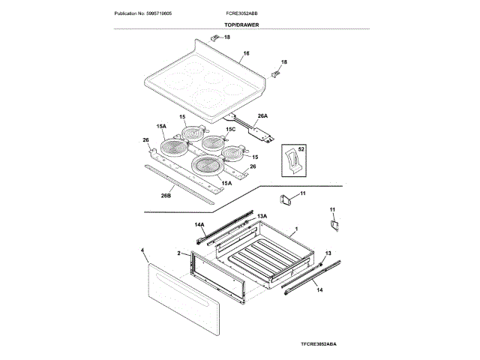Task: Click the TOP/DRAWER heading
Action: click(x=239, y=25)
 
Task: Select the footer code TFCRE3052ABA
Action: click(x=319, y=343)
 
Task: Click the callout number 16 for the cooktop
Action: click(x=246, y=55)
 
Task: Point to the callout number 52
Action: click(x=301, y=149)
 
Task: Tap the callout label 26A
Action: click(x=262, y=116)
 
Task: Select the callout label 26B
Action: click(x=166, y=196)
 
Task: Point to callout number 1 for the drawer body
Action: click(x=296, y=228)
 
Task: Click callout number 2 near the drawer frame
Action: click(x=179, y=254)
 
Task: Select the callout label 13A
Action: click(x=262, y=215)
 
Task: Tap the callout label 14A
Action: click(x=199, y=224)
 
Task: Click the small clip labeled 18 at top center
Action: click(x=214, y=37)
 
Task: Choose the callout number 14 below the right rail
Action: click(x=319, y=289)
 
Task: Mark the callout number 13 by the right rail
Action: click(x=328, y=254)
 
